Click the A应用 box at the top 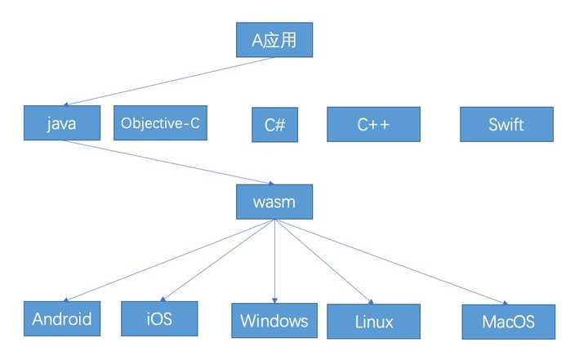click(274, 38)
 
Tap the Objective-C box click(160, 123)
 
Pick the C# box click(274, 125)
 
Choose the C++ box click(373, 125)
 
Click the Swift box click(506, 125)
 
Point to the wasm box click(274, 201)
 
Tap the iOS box click(160, 318)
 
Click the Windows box click(274, 320)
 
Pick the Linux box click(373, 321)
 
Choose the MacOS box click(508, 321)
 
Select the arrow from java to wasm click(163, 162)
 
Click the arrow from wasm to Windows click(274, 261)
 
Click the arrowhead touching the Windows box click(274, 300)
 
